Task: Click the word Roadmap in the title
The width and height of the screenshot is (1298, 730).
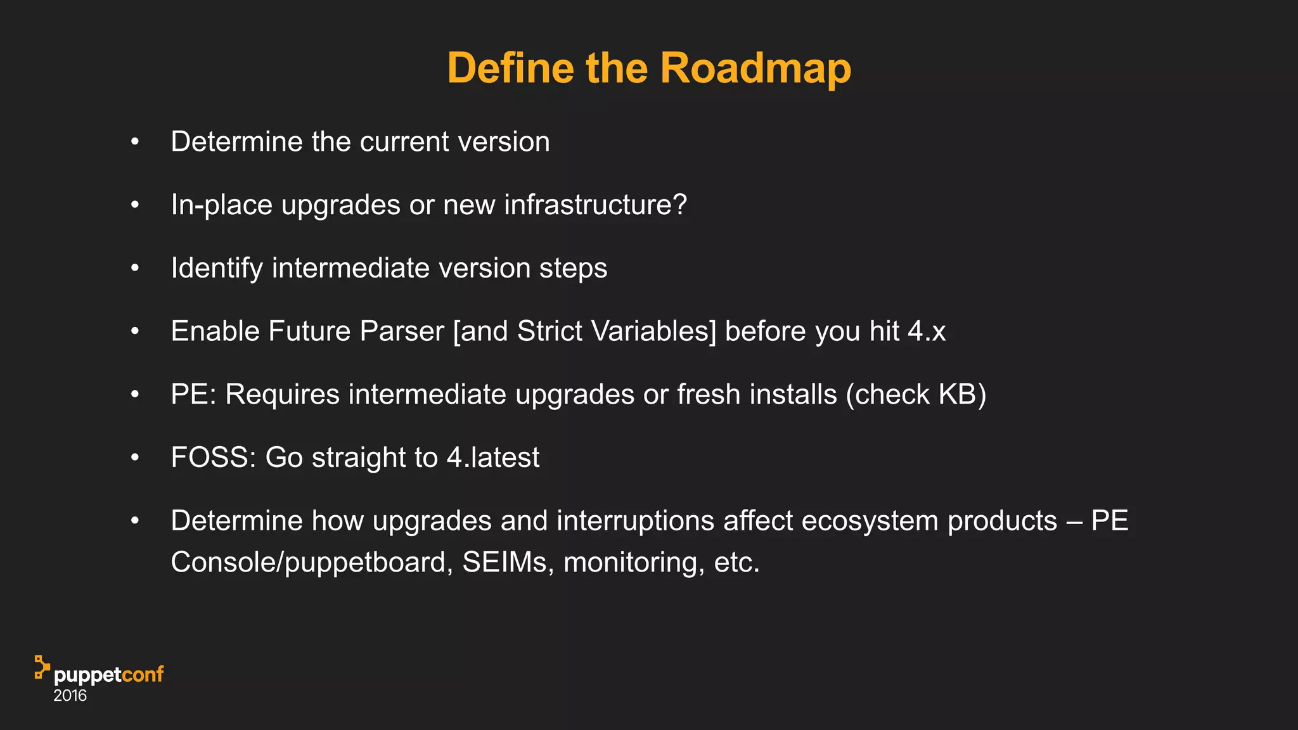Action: point(755,68)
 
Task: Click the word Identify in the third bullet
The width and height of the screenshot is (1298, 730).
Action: point(217,268)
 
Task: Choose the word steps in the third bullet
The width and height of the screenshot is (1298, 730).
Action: point(573,268)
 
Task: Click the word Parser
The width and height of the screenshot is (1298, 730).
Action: point(402,331)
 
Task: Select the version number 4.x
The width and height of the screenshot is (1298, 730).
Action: point(927,331)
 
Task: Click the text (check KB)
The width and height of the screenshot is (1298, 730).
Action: point(916,395)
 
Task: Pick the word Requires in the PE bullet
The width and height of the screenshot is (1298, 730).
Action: point(283,395)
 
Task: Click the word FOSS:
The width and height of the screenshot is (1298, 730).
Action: point(214,458)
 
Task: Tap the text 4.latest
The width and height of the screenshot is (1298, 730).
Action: point(493,458)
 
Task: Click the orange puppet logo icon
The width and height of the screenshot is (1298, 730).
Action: point(42,667)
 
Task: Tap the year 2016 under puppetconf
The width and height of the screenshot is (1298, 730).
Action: point(70,696)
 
